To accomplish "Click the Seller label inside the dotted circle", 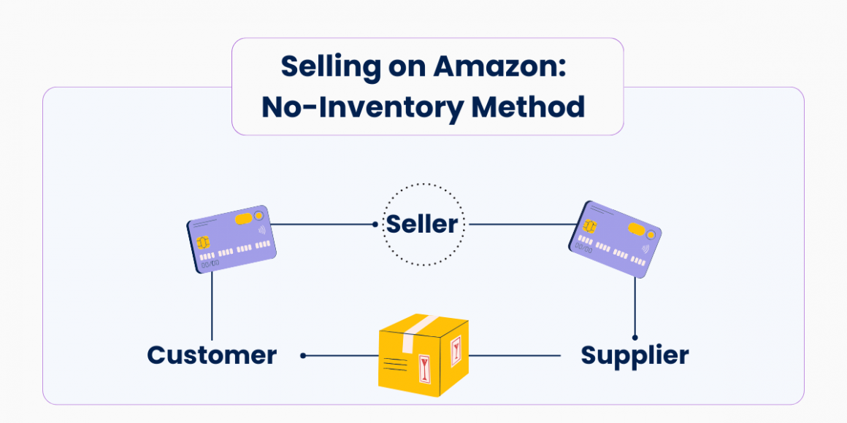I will pyautogui.click(x=423, y=224).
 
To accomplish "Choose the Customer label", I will pyautogui.click(x=212, y=355).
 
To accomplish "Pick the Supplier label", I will pyautogui.click(x=635, y=355).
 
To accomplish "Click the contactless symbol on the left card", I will pyautogui.click(x=261, y=232).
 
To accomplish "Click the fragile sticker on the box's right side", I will pyautogui.click(x=456, y=352).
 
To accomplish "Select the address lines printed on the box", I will pyautogui.click(x=394, y=362).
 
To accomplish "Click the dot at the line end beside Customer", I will pyautogui.click(x=303, y=356).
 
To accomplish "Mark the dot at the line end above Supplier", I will pyautogui.click(x=635, y=338).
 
